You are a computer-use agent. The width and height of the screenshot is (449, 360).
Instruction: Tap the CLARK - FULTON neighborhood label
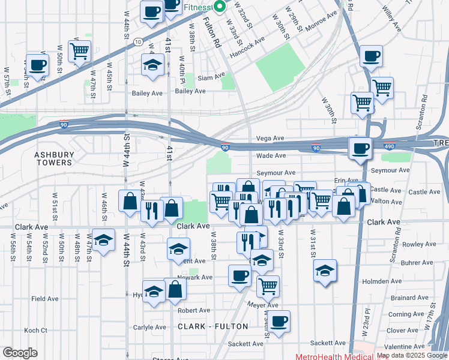click(212, 326)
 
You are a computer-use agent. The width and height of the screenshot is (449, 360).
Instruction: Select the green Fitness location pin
click(219, 7)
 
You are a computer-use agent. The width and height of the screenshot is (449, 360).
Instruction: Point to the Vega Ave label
click(270, 138)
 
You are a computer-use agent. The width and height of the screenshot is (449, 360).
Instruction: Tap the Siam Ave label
click(211, 76)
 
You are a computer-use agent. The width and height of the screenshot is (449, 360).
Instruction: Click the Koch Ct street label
click(35, 331)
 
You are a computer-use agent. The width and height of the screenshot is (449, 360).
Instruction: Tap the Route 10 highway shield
click(139, 41)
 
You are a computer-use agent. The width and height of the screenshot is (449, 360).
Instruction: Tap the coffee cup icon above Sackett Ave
click(279, 320)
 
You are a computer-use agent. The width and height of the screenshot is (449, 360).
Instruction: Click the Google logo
click(20, 352)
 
